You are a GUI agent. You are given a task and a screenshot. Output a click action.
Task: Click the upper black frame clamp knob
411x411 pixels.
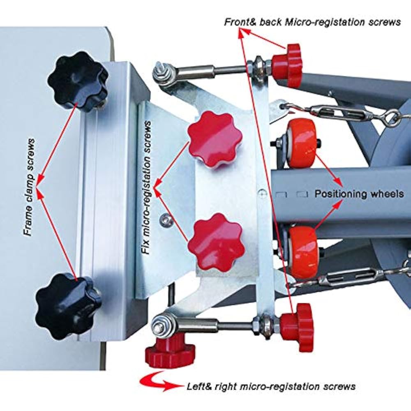[x=77, y=81]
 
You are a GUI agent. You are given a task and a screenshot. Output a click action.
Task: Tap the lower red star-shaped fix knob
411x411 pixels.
[x=216, y=242]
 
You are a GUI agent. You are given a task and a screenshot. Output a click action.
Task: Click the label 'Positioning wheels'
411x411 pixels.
[x=359, y=194]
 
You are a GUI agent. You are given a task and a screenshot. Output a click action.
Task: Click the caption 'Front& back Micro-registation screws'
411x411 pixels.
[x=312, y=22]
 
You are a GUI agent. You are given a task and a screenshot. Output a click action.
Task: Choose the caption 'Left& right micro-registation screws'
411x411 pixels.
[x=271, y=386]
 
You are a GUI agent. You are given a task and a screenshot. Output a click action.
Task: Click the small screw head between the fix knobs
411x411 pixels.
[x=167, y=221]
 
